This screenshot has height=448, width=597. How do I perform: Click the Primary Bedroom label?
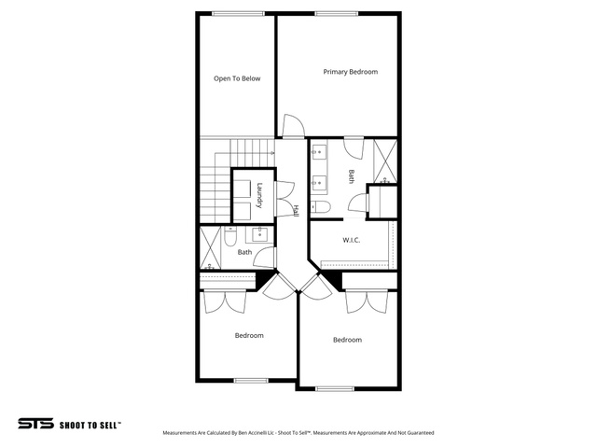click(351, 72)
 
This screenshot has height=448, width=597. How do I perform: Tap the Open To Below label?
click(237, 78)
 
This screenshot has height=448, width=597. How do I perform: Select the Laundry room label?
click(259, 196)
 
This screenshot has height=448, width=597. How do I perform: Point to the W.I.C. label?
click(351, 240)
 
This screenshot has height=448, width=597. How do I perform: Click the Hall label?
click(296, 211)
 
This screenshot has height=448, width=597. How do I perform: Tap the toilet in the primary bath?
click(321, 206)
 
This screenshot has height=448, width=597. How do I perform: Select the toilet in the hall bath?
click(230, 236)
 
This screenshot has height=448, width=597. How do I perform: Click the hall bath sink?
click(259, 234)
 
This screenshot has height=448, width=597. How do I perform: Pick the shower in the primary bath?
click(385, 161)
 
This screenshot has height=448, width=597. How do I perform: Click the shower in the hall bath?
click(210, 248)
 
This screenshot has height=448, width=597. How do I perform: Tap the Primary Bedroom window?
click(337, 14)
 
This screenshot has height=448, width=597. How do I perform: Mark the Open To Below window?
click(239, 14)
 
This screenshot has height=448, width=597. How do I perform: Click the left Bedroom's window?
click(251, 380)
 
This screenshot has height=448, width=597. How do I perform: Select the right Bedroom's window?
click(335, 388)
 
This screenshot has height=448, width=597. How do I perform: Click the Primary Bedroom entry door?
click(293, 126)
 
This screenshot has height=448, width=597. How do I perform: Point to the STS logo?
click(35, 424)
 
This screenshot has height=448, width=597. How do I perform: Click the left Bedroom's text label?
click(249, 336)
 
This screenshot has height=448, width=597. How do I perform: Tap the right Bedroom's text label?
click(347, 340)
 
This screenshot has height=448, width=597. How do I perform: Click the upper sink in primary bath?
click(319, 151)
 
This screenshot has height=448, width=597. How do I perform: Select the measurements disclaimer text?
click(298, 433)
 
